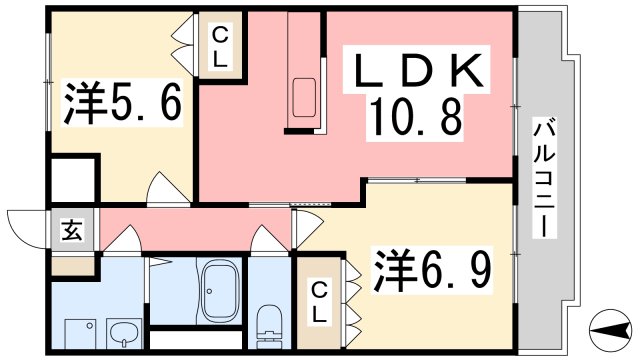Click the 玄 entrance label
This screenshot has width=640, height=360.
click(x=74, y=231)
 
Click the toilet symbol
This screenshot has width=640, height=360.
click(x=268, y=321)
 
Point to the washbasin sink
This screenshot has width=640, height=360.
click(x=124, y=331)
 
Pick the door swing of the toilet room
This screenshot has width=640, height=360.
click(x=270, y=241)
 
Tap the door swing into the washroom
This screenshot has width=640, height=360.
click(x=124, y=240)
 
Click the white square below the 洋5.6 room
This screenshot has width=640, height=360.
click(x=75, y=180)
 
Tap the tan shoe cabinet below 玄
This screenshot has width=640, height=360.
click(x=74, y=267)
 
